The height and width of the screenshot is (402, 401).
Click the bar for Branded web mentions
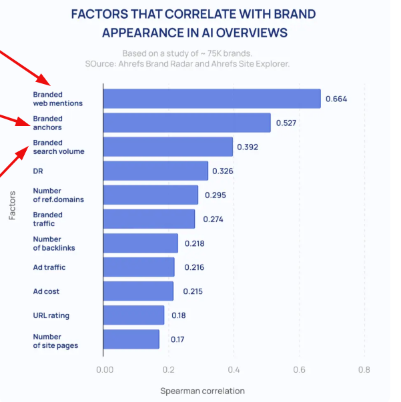point(212,99)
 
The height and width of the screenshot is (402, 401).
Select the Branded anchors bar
point(187,123)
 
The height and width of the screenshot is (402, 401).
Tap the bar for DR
point(156,171)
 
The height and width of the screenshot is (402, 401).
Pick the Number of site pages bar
point(131,339)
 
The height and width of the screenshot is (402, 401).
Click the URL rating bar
point(134,315)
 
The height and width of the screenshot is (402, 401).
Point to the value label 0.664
point(336,99)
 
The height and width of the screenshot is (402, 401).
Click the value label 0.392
point(247,147)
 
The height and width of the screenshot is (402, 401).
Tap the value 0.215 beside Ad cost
point(192,291)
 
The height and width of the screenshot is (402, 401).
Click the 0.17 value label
point(177,339)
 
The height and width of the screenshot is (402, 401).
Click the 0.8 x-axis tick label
point(364,369)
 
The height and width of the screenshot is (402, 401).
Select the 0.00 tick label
point(104,369)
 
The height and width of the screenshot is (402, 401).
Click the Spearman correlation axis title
point(202,391)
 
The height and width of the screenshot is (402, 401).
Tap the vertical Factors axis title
point(13,206)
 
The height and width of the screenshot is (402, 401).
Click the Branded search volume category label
point(59,147)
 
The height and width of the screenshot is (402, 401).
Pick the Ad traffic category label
point(49,267)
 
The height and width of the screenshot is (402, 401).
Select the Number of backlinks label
point(54,243)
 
